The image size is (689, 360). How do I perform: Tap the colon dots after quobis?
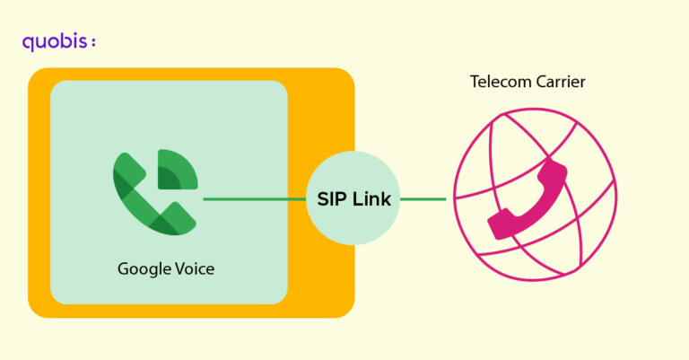93,43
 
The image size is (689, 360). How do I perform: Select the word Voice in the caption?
194,268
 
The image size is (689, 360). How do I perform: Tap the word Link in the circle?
371,199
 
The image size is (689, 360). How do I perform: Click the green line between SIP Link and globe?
423,199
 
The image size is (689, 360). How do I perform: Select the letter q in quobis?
28,43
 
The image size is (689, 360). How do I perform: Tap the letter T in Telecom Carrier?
475,83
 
